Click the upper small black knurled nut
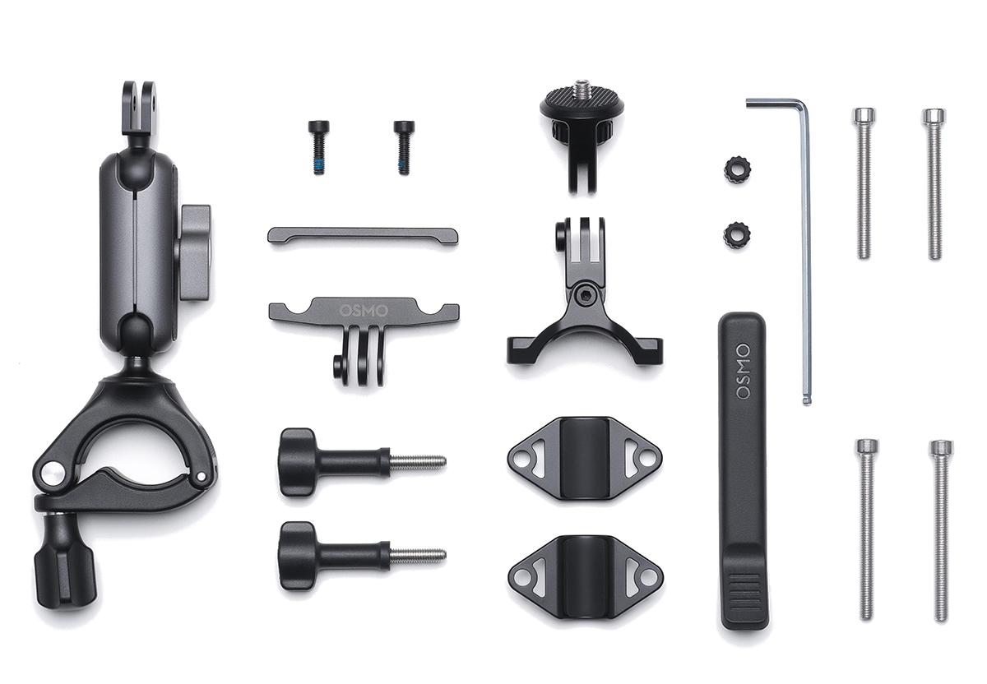pos(737,170)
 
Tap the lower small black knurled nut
pos(737,235)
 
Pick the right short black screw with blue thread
pos(404,147)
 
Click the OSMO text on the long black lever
pos(743,372)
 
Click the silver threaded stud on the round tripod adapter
pos(582,84)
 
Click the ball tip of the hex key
pos(807,400)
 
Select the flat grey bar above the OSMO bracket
pos(363,236)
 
